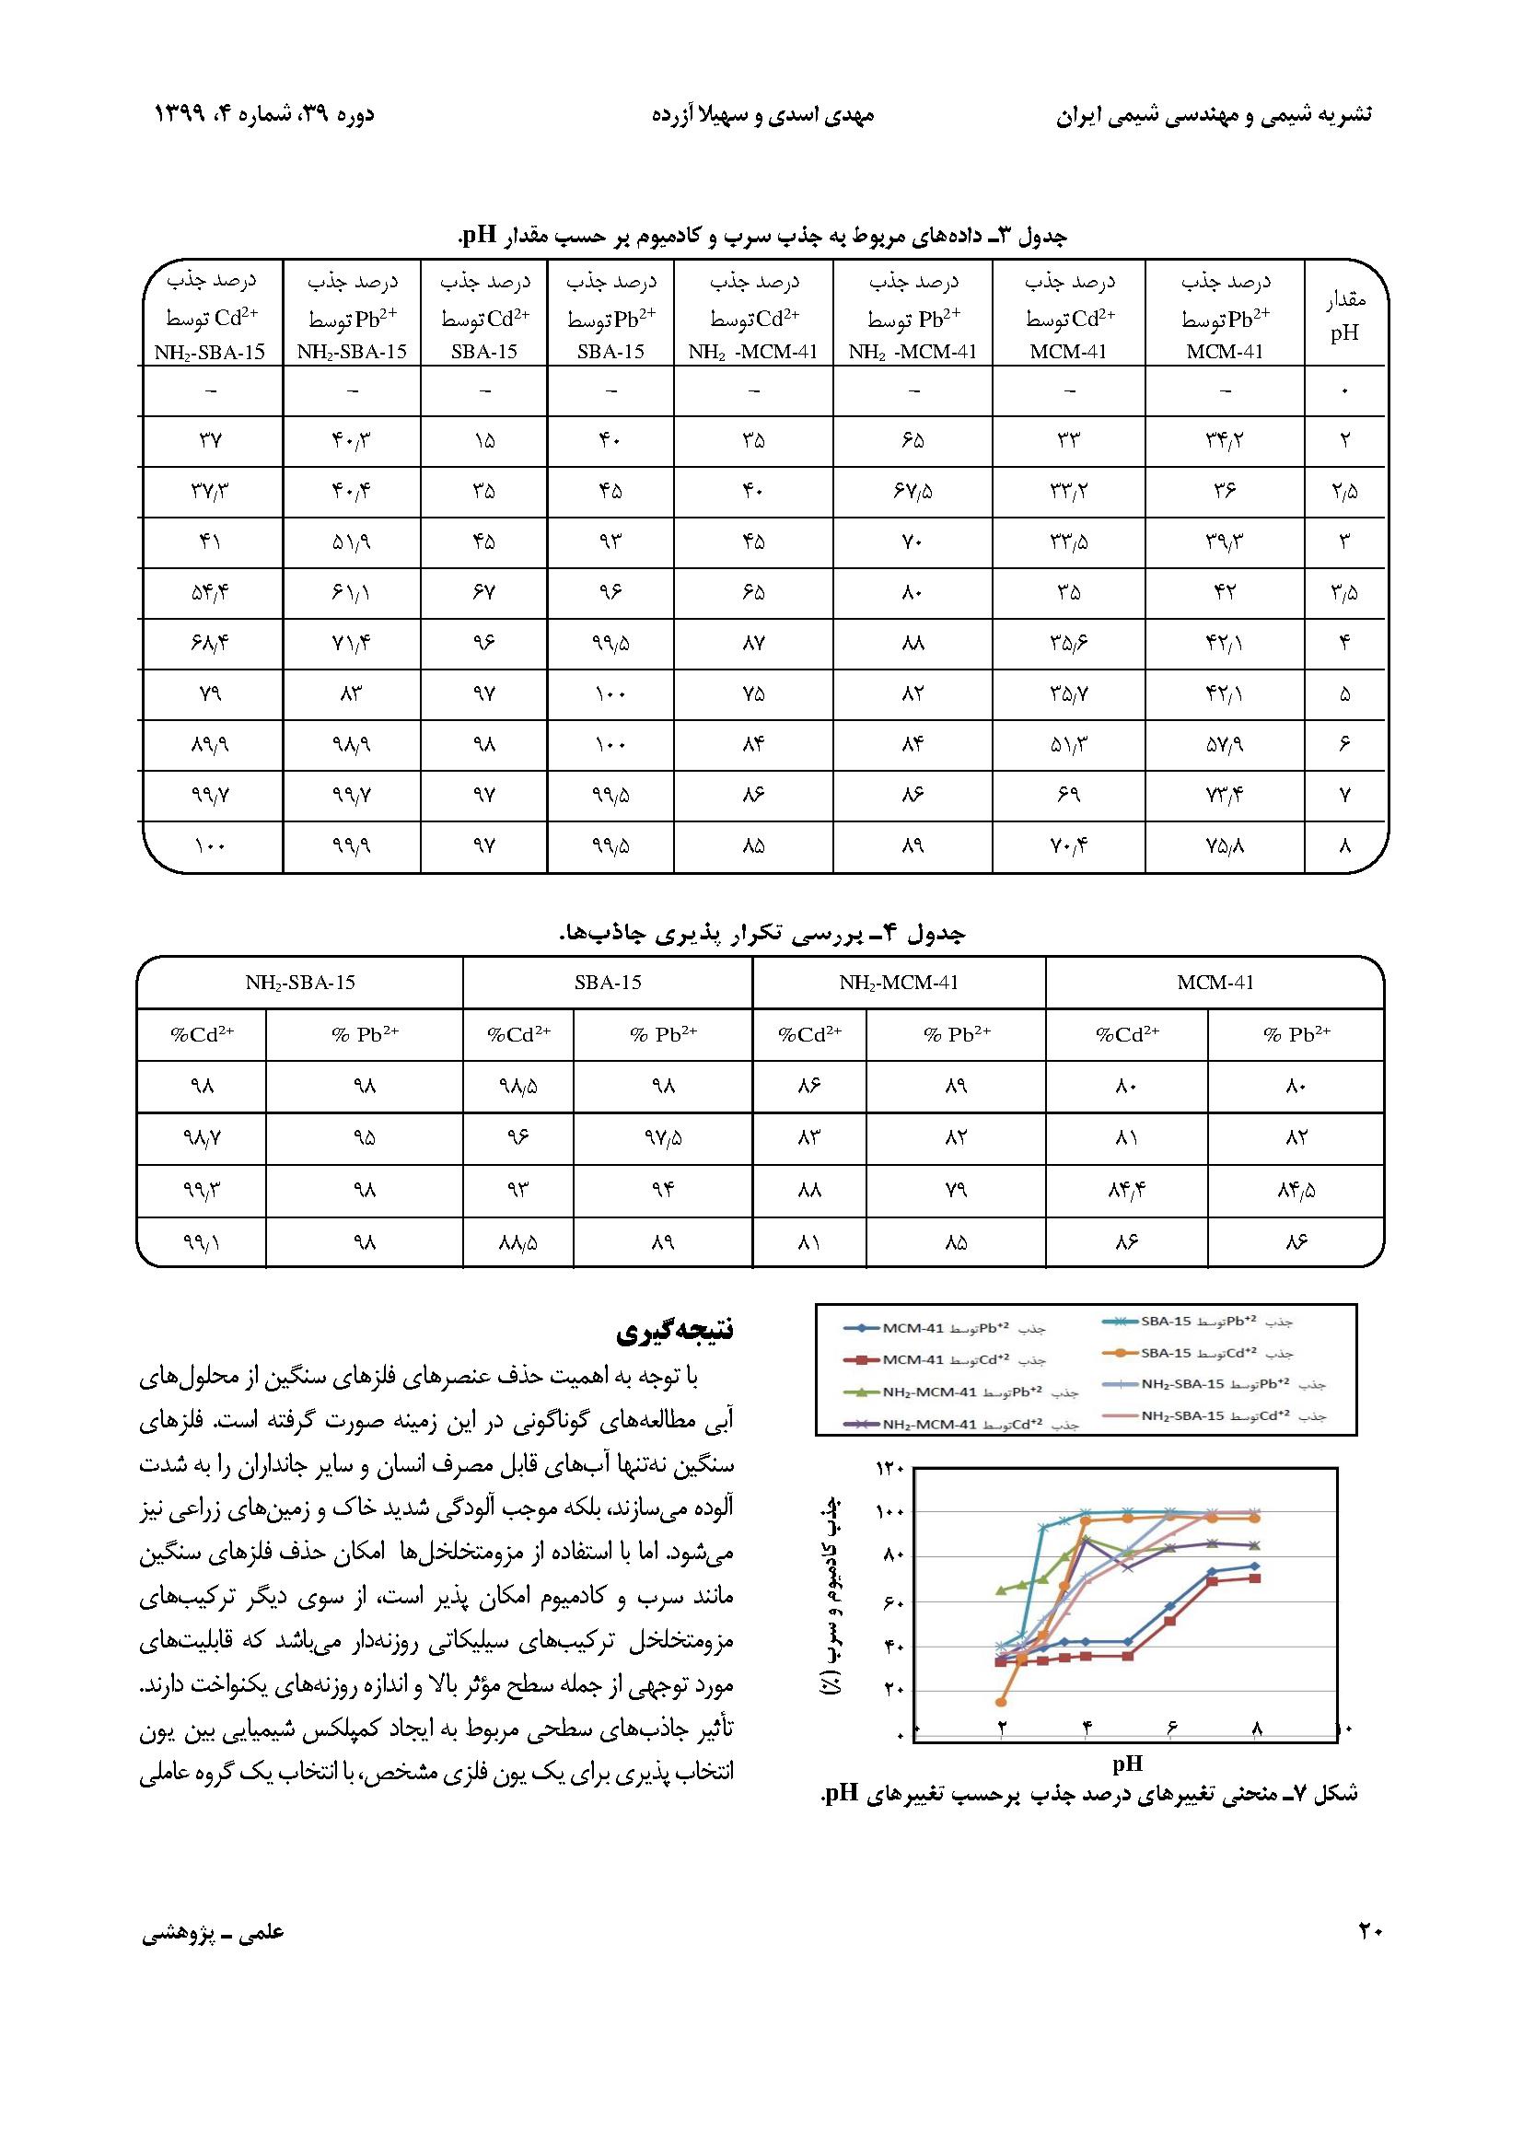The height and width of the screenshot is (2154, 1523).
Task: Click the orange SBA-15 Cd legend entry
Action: [1200, 1353]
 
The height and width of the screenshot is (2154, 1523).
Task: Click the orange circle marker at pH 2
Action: [1001, 1701]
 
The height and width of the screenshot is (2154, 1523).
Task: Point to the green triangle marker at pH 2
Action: [1001, 1589]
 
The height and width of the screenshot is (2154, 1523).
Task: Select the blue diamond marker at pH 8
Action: [1256, 1566]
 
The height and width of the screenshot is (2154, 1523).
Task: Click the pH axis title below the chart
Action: [1127, 1763]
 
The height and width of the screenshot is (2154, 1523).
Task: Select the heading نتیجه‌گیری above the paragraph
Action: [675, 1330]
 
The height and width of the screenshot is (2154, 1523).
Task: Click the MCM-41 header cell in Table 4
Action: [1215, 983]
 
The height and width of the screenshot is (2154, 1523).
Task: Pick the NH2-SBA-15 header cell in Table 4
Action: [300, 983]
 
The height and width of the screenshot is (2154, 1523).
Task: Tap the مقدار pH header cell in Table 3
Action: [1344, 315]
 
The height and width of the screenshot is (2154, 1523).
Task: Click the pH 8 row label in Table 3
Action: [1344, 845]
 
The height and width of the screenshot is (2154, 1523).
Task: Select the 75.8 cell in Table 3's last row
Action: [1224, 845]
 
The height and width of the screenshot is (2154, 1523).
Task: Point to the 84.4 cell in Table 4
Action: [1126, 1190]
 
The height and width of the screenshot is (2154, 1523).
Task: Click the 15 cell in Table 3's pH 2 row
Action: [484, 440]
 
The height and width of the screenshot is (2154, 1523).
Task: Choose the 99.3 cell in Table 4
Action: [202, 1190]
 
